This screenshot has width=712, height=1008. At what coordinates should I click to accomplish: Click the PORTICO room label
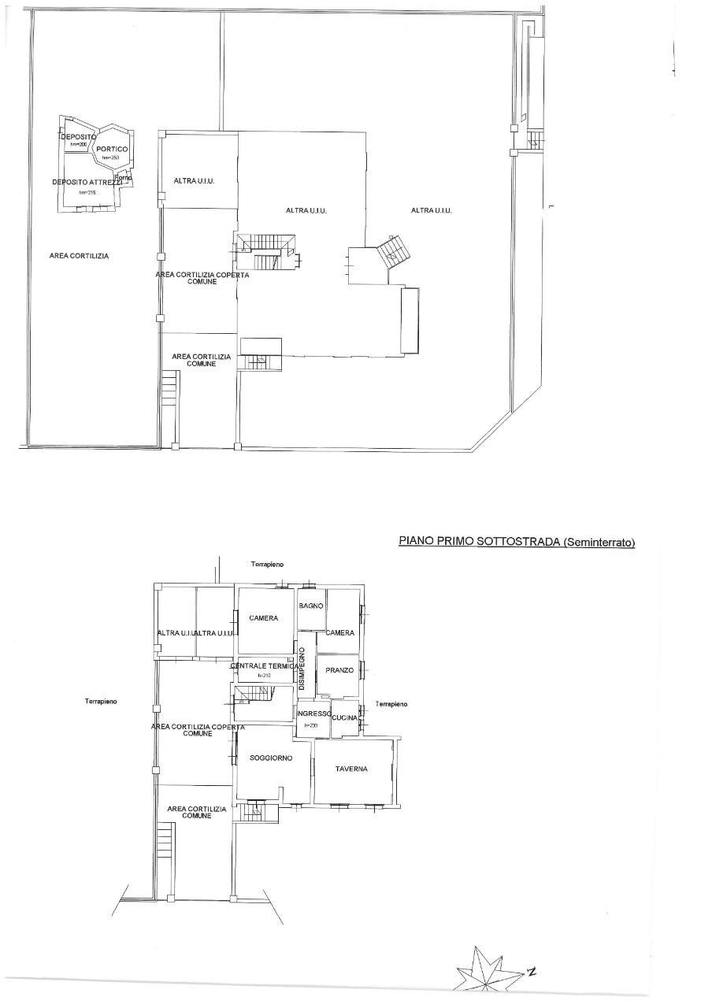point(112,149)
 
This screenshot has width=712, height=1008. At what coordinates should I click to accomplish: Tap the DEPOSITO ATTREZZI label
point(87,182)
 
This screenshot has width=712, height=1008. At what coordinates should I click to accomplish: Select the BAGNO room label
point(311,605)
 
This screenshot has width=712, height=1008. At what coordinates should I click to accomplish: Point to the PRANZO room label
point(339,670)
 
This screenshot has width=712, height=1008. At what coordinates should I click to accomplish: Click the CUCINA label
point(345,717)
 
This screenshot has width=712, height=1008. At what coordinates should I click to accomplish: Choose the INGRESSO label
point(313,713)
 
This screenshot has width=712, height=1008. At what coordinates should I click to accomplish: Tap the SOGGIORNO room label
point(271,758)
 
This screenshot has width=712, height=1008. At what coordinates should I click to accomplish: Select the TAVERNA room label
point(351,769)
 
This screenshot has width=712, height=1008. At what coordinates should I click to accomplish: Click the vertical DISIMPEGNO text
point(302,669)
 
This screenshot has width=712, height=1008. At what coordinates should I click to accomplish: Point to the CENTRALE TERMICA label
point(265,666)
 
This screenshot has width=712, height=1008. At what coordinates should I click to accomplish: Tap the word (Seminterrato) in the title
point(599,542)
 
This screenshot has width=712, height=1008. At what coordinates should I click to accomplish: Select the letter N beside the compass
point(532,971)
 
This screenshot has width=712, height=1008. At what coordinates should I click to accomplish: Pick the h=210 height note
point(264,676)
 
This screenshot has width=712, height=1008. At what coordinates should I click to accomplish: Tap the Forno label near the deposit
point(123,177)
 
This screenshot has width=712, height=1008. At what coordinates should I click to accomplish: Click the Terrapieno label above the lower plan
point(267,565)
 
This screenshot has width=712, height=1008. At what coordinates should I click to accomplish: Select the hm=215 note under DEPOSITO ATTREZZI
point(86,192)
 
